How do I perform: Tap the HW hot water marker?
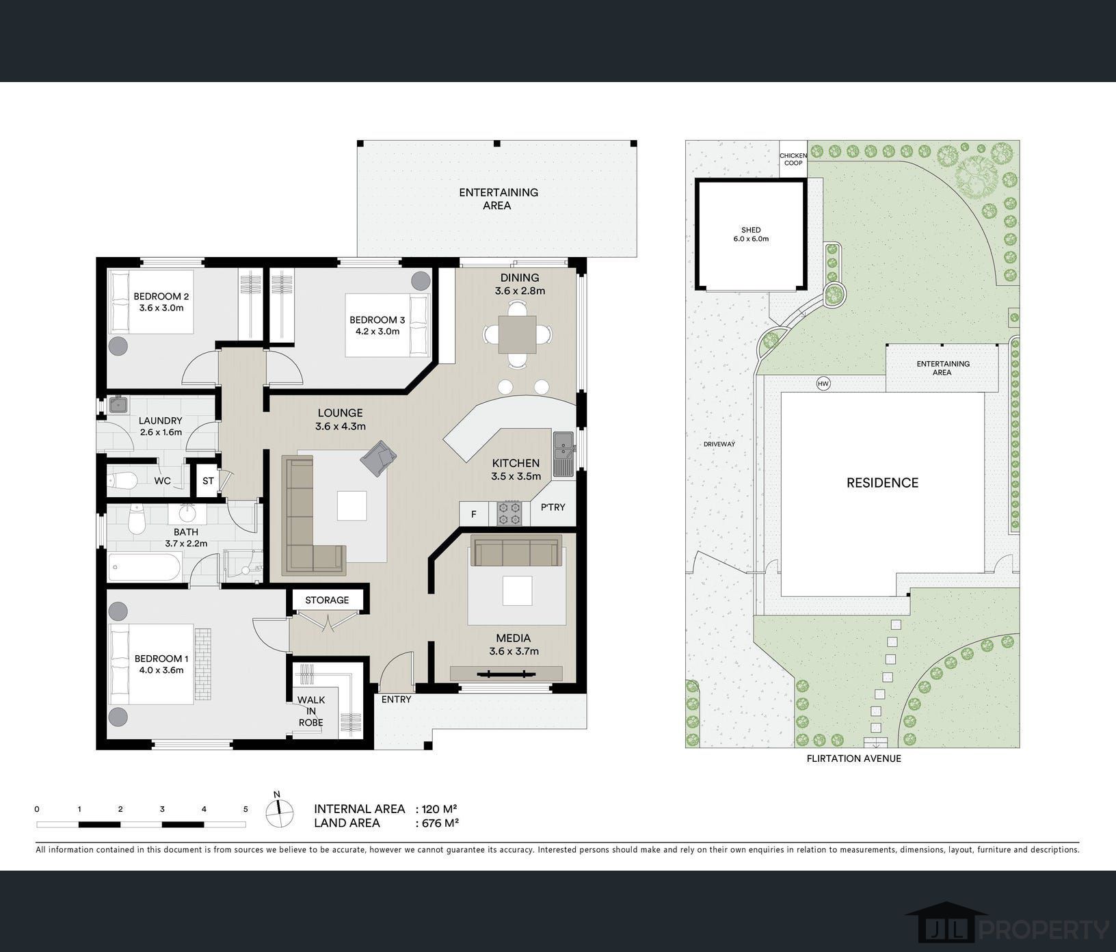pyautogui.click(x=823, y=384)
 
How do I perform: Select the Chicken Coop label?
pyautogui.click(x=793, y=159)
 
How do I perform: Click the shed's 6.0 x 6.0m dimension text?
pyautogui.click(x=751, y=239)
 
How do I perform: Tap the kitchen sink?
pyautogui.click(x=563, y=454)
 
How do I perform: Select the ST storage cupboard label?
pyautogui.click(x=209, y=481)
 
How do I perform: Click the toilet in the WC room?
pyautogui.click(x=124, y=481)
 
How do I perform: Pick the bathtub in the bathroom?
pyautogui.click(x=145, y=568)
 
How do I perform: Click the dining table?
pyautogui.click(x=517, y=334)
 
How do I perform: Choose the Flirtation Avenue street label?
pyautogui.click(x=853, y=758)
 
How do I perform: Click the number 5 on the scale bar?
pyautogui.click(x=245, y=809)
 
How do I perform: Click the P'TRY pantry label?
pyautogui.click(x=553, y=507)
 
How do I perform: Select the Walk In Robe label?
pyautogui.click(x=311, y=711)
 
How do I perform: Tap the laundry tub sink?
pyautogui.click(x=118, y=405)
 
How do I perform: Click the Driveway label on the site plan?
pyautogui.click(x=719, y=445)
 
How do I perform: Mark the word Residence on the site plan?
pyautogui.click(x=883, y=483)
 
